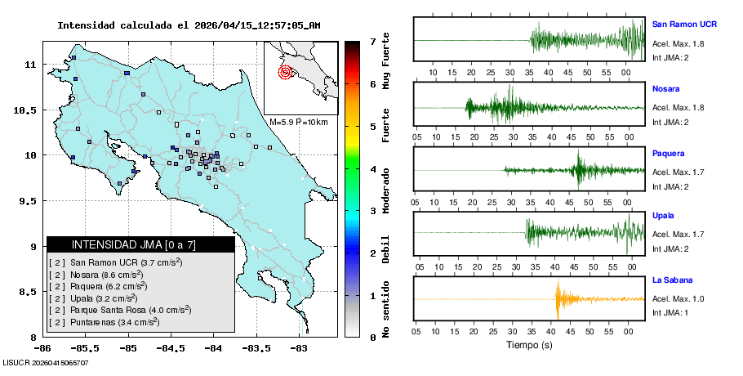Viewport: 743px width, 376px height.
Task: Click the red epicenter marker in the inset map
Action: click(285, 72)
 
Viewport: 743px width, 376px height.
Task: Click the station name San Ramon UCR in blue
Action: click(684, 24)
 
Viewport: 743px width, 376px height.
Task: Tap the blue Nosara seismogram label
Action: click(666, 88)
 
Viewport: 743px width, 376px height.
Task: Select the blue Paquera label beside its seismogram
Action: click(668, 153)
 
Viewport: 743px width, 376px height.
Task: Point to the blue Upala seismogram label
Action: click(663, 216)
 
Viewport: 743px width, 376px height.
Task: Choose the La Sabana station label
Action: click(672, 280)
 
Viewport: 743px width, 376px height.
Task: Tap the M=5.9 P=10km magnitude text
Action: click(298, 122)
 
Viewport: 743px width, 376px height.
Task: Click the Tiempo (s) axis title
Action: click(528, 345)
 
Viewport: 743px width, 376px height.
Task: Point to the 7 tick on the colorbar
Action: click(372, 41)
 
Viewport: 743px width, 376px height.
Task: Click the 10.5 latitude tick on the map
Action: click(29, 110)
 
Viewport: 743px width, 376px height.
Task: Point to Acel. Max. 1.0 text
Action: click(678, 299)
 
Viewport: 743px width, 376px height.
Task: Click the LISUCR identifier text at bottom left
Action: click(46, 361)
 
